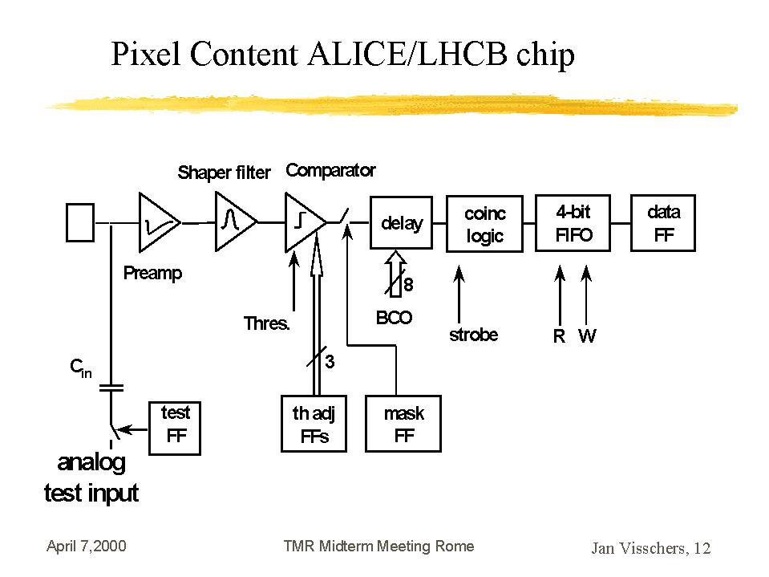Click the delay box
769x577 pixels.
pos(401,223)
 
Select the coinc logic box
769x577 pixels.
pos(484,223)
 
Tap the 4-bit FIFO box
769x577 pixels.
pos(573,223)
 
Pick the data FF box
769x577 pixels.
pos(663,223)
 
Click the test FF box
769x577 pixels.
pos(176,427)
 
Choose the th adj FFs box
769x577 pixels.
pos(314,424)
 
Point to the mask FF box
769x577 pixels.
pos(403,424)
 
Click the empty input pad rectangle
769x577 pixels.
pos(79,221)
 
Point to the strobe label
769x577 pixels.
pos(473,335)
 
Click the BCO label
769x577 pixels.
pos(394,318)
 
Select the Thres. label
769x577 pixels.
pos(266,324)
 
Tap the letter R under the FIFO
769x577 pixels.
pos(559,337)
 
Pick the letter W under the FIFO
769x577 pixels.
pos(587,337)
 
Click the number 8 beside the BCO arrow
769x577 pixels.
pos(409,285)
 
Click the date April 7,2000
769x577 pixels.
pos(87,547)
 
